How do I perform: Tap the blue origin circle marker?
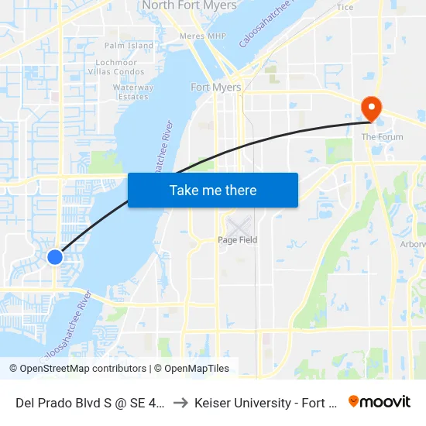point(54,256)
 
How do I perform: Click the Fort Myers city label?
point(216,88)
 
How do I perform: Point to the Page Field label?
point(237,240)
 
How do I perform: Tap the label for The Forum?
point(382,137)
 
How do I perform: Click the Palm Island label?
point(129,46)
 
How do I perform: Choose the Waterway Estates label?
point(133,92)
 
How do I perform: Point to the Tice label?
point(345,7)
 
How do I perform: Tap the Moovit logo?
point(380,401)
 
